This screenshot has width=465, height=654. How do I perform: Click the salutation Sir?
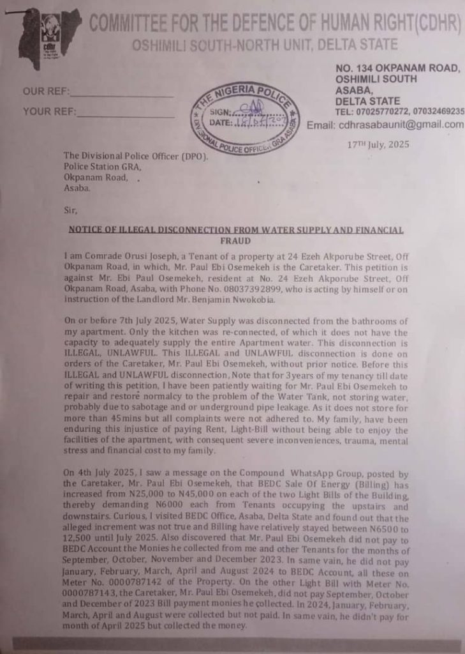pos(70,209)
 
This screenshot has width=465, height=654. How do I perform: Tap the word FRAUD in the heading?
pos(235,242)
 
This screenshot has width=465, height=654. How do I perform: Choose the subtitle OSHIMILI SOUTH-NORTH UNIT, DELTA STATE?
pos(265,45)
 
